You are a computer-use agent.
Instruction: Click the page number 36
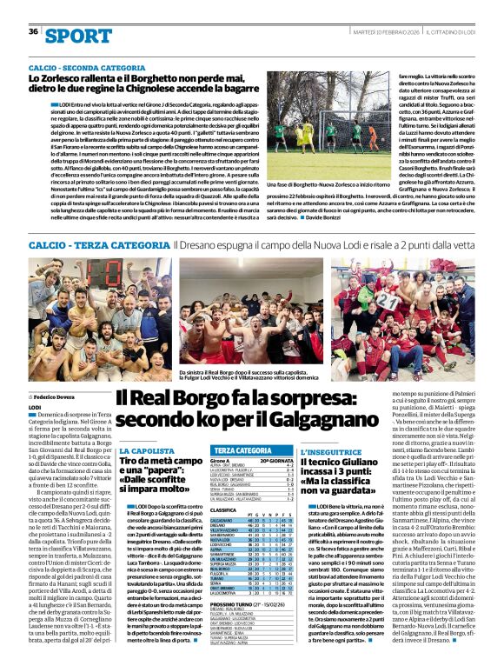coord(33,31)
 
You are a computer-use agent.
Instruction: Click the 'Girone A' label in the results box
coord(220,460)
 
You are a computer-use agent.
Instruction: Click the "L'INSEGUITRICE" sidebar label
coord(330,451)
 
